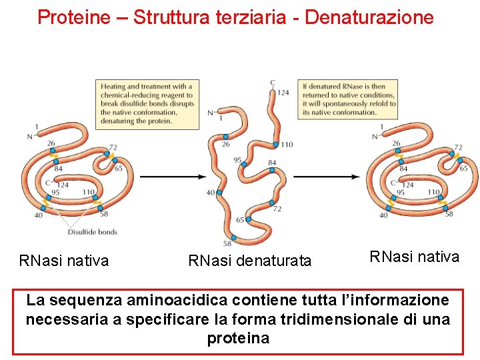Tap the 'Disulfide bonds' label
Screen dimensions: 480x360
pyautogui.click(x=92, y=232)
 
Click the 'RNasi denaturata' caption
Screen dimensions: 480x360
pyautogui.click(x=250, y=261)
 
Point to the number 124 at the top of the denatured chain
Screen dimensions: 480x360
pyautogui.click(x=283, y=93)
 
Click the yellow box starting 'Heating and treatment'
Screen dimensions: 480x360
pyautogui.click(x=147, y=103)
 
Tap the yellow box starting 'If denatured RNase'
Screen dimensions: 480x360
pyautogui.click(x=349, y=99)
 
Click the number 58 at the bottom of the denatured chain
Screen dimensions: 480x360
pyautogui.click(x=227, y=245)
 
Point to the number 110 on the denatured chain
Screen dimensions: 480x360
pyautogui.click(x=286, y=145)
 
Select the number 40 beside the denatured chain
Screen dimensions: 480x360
pyautogui.click(x=211, y=192)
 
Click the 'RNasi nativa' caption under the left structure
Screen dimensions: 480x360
pyautogui.click(x=64, y=261)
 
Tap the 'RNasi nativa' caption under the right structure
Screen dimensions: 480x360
pyautogui.click(x=415, y=257)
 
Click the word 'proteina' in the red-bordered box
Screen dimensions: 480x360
pyautogui.click(x=238, y=338)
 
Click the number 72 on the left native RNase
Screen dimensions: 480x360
pyautogui.click(x=113, y=147)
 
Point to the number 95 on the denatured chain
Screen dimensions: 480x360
pyautogui.click(x=238, y=159)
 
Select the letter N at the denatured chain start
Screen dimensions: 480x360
pyautogui.click(x=211, y=113)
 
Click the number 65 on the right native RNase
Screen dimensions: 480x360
pyautogui.click(x=463, y=169)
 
